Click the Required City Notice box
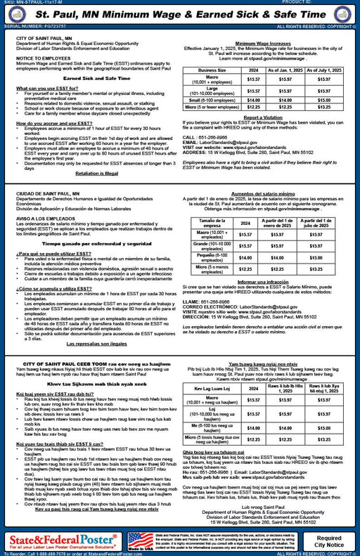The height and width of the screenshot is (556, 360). [330, 541]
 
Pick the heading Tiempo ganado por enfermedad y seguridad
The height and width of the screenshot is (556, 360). [92, 243]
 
